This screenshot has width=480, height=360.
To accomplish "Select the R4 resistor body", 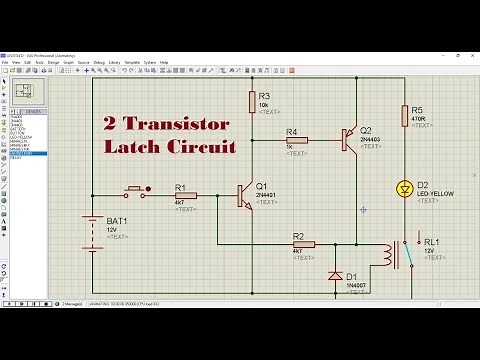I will (296, 141).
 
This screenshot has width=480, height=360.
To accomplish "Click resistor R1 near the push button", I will (185, 195).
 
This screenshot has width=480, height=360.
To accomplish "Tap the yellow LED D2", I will (405, 187).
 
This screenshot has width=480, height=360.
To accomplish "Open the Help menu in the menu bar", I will (164, 62).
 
